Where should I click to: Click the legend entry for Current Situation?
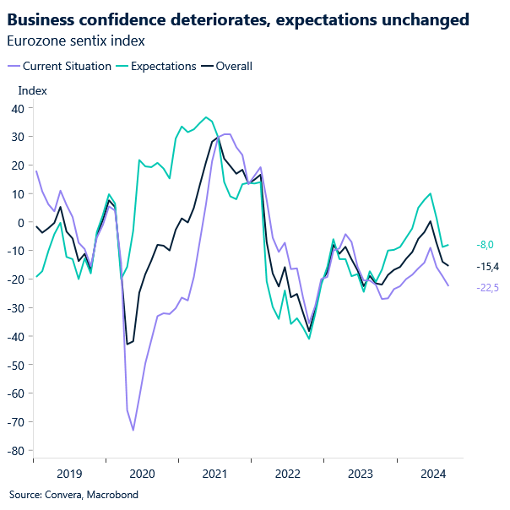click(x=66, y=66)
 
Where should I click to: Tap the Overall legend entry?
click(x=234, y=66)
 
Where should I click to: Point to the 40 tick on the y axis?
click(x=16, y=108)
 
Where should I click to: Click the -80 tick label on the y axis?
click(x=14, y=451)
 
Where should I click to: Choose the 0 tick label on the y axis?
click(x=19, y=222)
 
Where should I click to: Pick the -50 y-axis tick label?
click(x=14, y=365)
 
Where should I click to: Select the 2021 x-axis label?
click(x=214, y=474)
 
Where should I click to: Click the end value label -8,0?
click(x=486, y=245)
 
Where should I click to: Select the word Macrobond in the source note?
click(x=113, y=494)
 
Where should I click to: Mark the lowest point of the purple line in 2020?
click(x=133, y=430)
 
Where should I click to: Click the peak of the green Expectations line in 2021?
click(x=205, y=117)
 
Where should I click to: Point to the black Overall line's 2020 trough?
click(x=127, y=344)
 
